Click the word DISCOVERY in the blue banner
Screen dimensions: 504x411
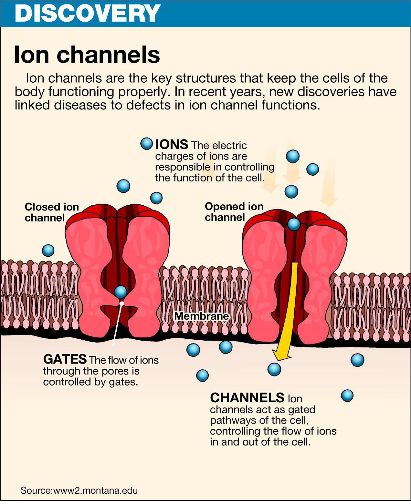88,13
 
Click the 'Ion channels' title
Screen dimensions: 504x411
87,54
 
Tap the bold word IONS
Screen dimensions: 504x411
172,144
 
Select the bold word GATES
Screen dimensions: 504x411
65,359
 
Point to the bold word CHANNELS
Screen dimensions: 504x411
247,397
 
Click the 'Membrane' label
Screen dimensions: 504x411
202,316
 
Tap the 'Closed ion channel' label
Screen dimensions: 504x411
52,212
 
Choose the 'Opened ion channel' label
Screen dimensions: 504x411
234,212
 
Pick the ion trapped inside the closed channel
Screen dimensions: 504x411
121,292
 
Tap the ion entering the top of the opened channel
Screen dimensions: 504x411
294,224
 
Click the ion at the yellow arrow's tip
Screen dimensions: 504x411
274,369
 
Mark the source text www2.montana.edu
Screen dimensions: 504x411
95,490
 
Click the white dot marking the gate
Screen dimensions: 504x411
121,303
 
